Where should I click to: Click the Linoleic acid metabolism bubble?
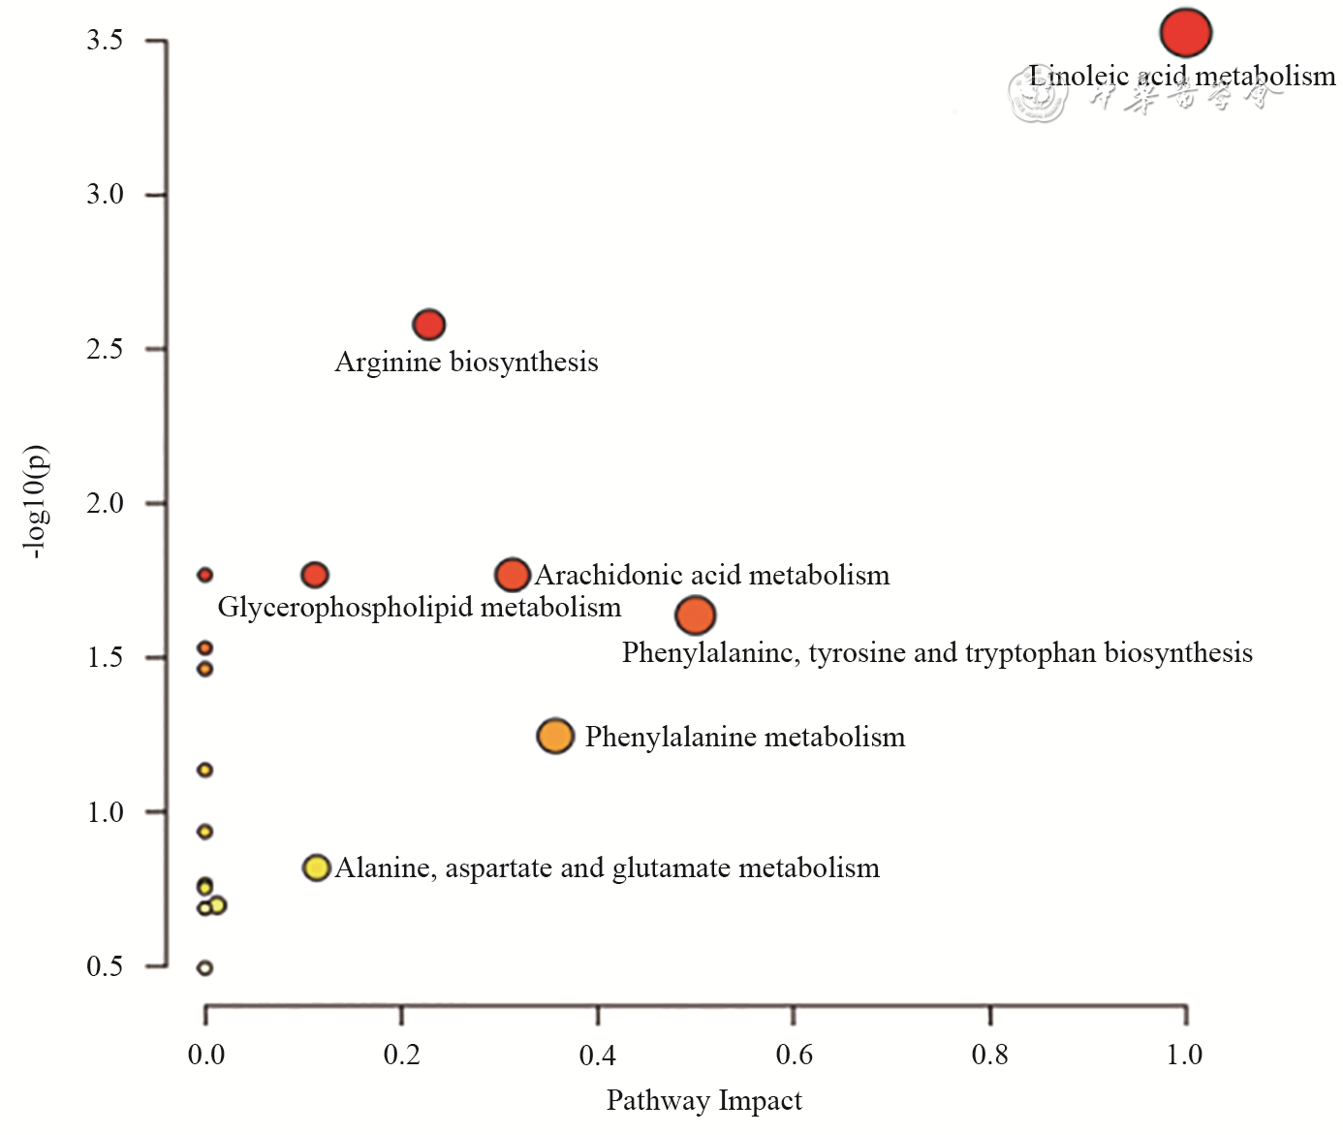pyautogui.click(x=1185, y=33)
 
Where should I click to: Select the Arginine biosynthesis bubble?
pyautogui.click(x=429, y=325)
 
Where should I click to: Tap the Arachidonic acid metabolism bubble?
pyautogui.click(x=513, y=575)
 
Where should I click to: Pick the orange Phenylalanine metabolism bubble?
pyautogui.click(x=555, y=737)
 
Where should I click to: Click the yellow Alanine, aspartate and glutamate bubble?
pyautogui.click(x=317, y=867)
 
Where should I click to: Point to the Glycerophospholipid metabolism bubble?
pyautogui.click(x=315, y=575)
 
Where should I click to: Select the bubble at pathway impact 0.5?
pyautogui.click(x=695, y=615)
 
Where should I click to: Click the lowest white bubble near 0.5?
pyautogui.click(x=204, y=967)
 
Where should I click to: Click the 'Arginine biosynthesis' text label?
pyautogui.click(x=466, y=363)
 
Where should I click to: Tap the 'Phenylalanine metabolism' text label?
pyautogui.click(x=744, y=738)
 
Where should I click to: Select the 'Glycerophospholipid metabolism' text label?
pyautogui.click(x=419, y=608)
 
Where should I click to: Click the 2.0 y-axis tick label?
pyautogui.click(x=105, y=504)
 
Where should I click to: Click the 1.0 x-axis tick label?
pyautogui.click(x=1184, y=1055)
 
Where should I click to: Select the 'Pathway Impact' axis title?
pyautogui.click(x=703, y=1101)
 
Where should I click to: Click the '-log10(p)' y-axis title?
pyautogui.click(x=36, y=502)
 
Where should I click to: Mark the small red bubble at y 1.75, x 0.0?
pyautogui.click(x=204, y=575)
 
